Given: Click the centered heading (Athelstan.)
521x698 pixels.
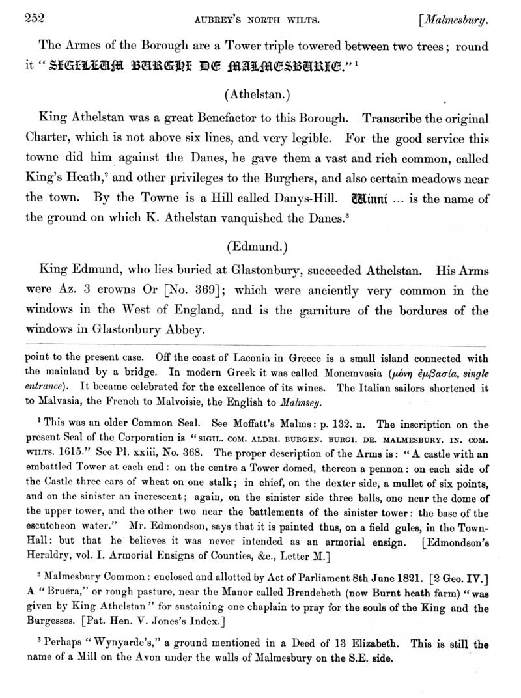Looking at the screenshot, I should (x=260, y=94).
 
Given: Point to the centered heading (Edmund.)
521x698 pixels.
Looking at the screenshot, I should (x=260, y=247).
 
